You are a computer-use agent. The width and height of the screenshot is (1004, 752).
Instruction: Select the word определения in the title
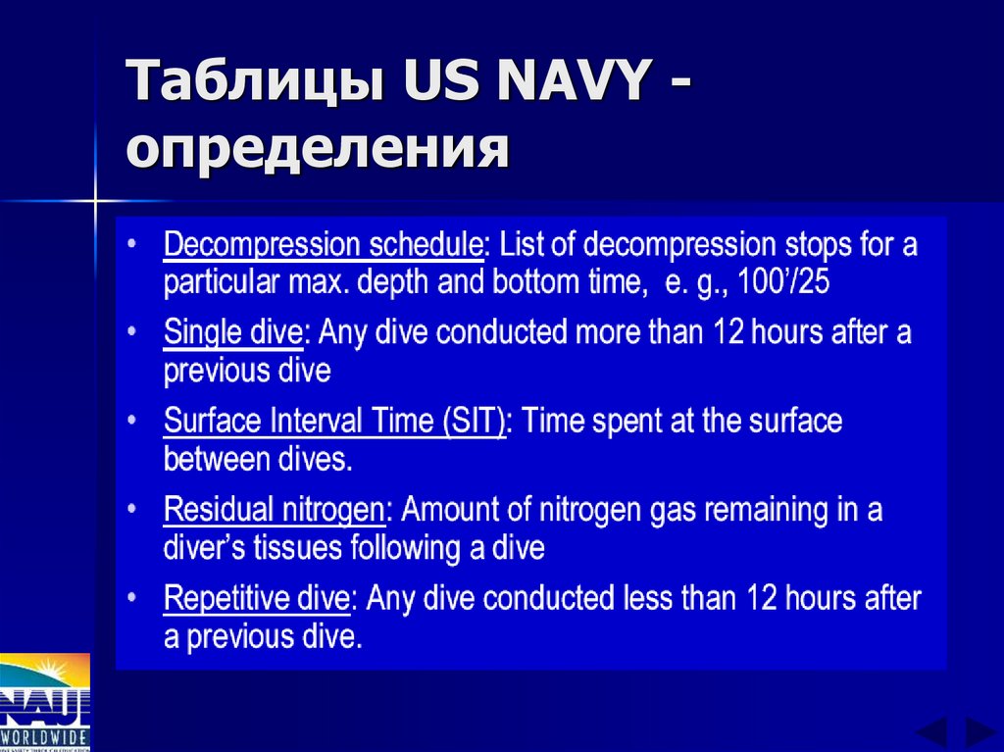[317, 150]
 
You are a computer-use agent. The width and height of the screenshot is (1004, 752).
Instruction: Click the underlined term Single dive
[232, 332]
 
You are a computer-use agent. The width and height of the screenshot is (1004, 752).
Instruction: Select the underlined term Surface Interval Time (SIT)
[334, 422]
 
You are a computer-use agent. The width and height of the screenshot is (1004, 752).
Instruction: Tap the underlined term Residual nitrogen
[273, 510]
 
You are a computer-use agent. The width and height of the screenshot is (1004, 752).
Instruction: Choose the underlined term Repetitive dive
[256, 598]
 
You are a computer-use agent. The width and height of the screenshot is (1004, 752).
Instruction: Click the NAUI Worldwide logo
[45, 702]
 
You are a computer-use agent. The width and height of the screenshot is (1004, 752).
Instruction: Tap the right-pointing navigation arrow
[979, 732]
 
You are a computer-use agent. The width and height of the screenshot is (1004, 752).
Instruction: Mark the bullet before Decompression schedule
[132, 244]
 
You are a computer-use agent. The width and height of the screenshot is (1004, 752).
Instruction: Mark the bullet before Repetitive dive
[132, 599]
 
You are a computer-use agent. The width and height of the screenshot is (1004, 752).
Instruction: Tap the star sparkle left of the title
[96, 201]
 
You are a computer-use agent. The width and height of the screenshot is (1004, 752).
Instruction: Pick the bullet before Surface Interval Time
[132, 423]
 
